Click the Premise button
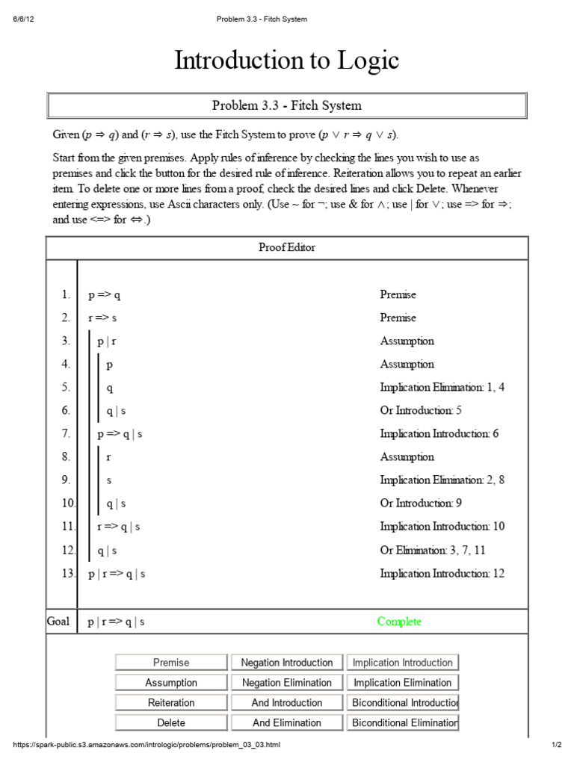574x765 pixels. pos(171,663)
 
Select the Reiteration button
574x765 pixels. pos(171,703)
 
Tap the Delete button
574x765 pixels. pos(171,723)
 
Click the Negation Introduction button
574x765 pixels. pos(287,663)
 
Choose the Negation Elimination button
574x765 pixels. pos(287,683)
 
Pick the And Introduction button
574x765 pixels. pos(287,703)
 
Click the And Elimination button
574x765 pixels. pos(287,723)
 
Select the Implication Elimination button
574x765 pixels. pos(402,683)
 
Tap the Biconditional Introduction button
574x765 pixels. pos(402,703)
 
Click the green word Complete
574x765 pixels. pos(399,622)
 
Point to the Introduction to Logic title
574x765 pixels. pos(287,61)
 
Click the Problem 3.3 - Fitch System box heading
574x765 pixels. pos(287,105)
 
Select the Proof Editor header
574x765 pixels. pos(287,248)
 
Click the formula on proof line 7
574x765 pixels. pos(120,434)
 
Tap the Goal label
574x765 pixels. pos(58,622)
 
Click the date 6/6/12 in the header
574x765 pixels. pos(23,19)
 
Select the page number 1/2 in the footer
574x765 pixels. pos(557,746)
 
